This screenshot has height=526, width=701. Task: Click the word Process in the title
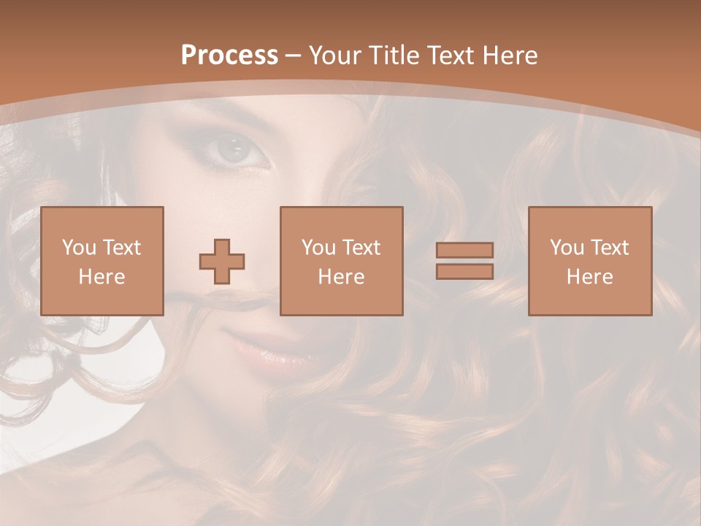point(229,56)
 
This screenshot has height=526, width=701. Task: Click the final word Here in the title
point(510,56)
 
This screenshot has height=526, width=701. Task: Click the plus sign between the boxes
point(222,261)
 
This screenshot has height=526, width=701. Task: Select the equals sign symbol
point(464,261)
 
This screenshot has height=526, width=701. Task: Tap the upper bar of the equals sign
point(464,250)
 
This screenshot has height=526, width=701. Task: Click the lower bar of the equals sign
point(464,272)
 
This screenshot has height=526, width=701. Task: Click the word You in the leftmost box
point(78,248)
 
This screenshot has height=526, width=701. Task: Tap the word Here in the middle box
point(341,277)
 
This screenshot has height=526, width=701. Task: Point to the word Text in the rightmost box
point(608,248)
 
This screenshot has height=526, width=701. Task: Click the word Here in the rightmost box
point(589,277)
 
